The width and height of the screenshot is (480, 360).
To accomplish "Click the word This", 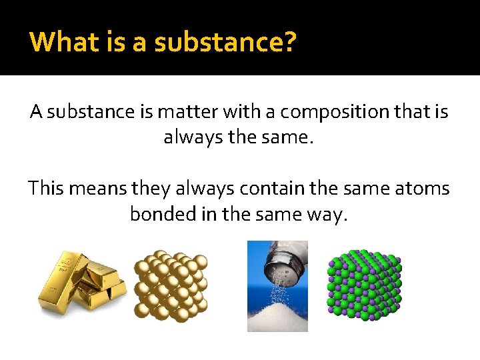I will [45, 189].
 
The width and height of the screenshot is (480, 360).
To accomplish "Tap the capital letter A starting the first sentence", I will [37, 112].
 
